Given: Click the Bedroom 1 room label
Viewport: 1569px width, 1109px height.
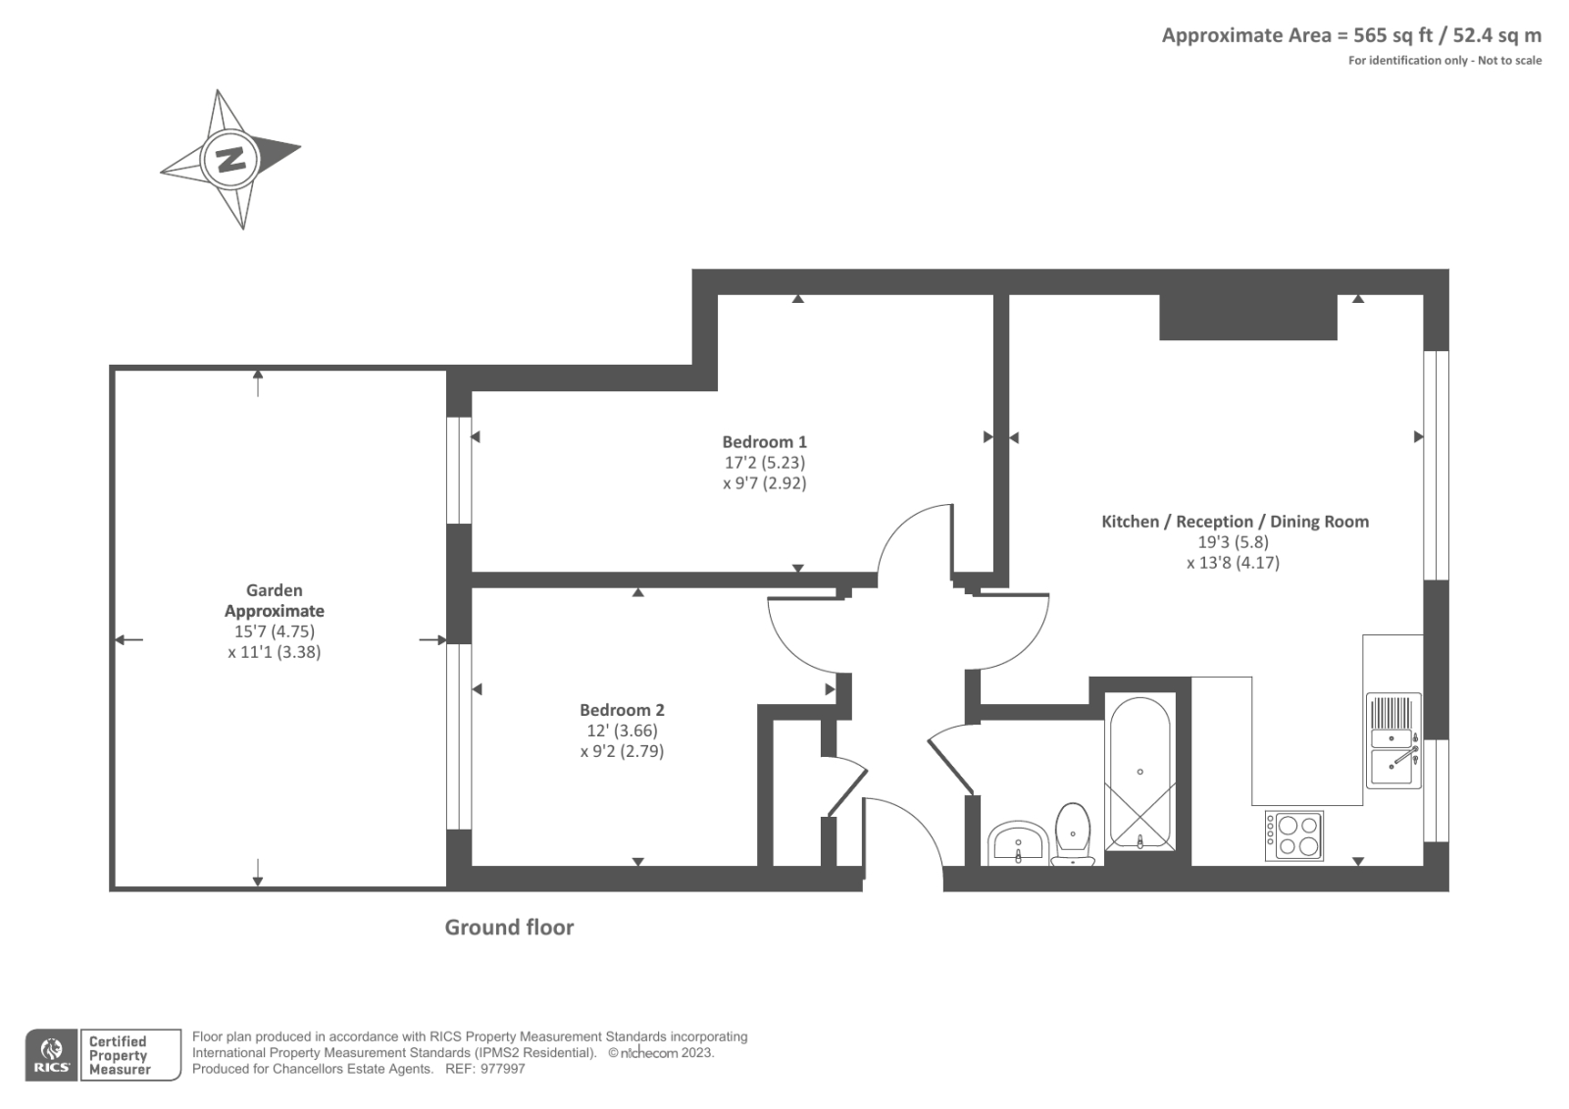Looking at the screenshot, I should pos(764,442).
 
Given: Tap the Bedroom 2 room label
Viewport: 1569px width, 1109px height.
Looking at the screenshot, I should pos(622,710).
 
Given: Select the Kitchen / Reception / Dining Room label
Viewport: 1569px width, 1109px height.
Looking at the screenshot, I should pos(1235,522).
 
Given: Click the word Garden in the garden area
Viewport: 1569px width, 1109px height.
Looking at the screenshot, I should pos(274,590).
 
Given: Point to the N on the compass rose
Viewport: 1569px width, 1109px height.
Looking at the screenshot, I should pos(230,158).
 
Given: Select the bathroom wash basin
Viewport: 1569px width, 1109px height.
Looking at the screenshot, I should pos(1019,844).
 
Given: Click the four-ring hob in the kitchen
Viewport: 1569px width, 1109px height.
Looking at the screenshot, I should pos(1294,835).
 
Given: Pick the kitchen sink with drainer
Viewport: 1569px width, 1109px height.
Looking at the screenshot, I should pos(1393,741).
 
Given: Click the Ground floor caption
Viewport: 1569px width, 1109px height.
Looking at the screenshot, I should pos(509,928).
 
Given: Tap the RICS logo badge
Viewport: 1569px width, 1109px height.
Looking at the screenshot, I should pos(51,1055).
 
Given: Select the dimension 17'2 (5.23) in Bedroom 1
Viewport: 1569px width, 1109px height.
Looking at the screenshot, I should pos(764,463).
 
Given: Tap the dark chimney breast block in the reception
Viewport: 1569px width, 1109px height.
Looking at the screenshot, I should pos(1247,316).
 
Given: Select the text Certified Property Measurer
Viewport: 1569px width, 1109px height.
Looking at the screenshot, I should pos(118,1055).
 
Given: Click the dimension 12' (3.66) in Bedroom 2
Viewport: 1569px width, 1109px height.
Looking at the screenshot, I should pos(622,731).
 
